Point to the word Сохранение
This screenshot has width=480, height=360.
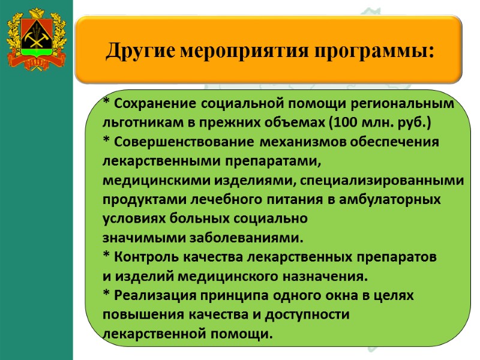tap(155, 104)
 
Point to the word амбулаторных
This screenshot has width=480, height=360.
tap(395, 200)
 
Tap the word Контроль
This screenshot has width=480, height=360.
tap(142, 257)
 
